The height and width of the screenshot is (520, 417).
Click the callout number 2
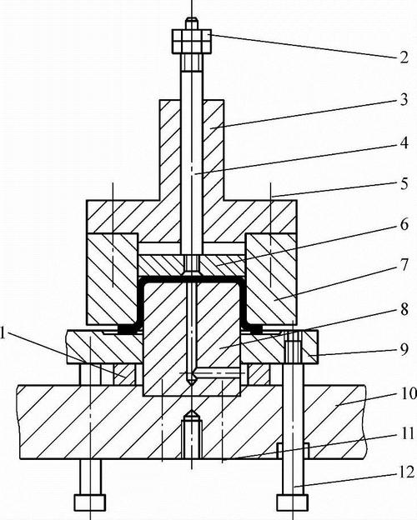(x=404, y=57)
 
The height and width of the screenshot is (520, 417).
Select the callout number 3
(x=404, y=100)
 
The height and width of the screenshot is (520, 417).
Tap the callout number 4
(x=404, y=143)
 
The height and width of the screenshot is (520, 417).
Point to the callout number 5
(x=404, y=184)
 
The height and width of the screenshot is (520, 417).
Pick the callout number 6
(x=404, y=225)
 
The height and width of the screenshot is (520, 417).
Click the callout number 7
(x=404, y=265)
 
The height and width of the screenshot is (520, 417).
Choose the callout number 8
(x=404, y=310)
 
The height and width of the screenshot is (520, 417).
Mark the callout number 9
(x=404, y=349)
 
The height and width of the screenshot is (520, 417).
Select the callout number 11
(x=408, y=434)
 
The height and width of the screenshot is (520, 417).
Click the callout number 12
(x=407, y=472)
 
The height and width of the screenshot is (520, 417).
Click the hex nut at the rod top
(x=192, y=42)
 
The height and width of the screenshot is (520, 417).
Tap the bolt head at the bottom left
(x=90, y=502)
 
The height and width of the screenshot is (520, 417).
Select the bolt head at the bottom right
(x=292, y=502)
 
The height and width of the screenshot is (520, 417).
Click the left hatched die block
(x=112, y=278)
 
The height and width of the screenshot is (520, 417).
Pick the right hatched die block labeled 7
(x=271, y=278)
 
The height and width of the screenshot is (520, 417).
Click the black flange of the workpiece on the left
(x=127, y=329)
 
